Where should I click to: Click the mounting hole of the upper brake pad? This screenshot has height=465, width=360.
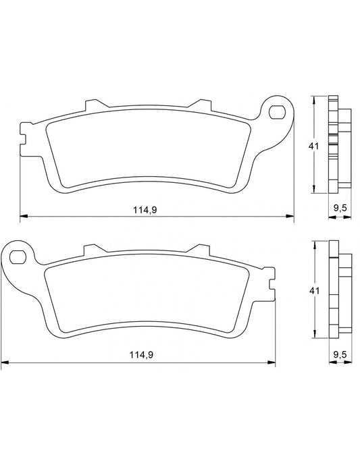pos(276,111)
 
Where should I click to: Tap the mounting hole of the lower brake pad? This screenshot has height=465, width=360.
pos(19,256)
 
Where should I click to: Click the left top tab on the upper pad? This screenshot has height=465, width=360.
pos(91,106)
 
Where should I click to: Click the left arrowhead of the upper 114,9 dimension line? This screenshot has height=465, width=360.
pos(22,217)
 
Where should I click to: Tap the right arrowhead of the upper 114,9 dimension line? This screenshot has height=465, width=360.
pos(291,217)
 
